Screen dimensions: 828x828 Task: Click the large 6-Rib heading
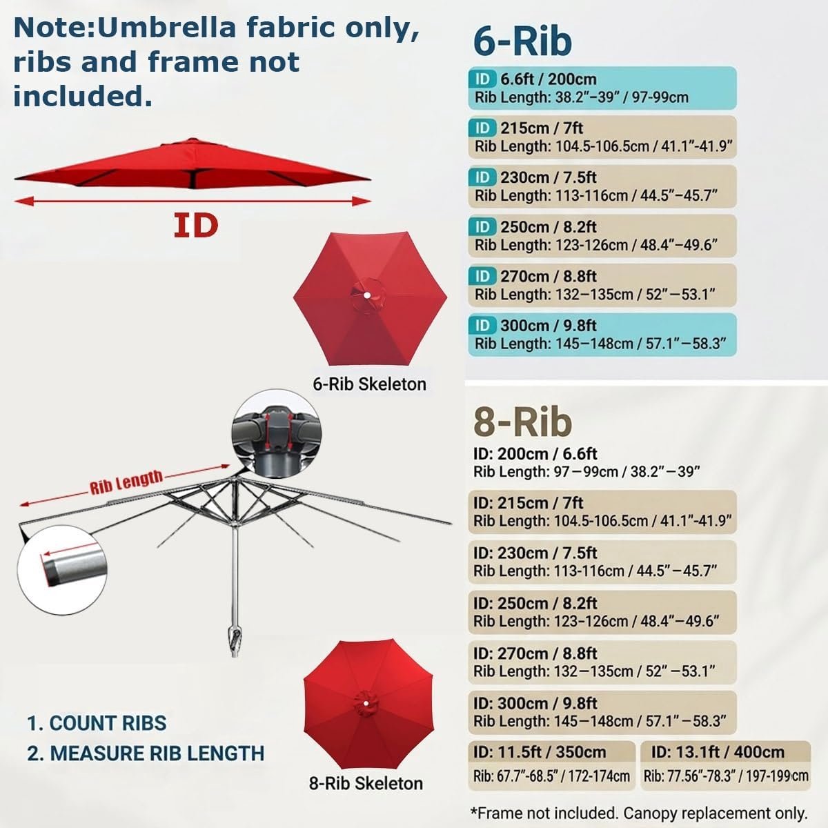point(522,41)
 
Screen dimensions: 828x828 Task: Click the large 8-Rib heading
point(522,422)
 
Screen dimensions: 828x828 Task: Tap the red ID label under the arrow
point(196,226)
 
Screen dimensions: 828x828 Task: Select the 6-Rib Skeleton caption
point(370,384)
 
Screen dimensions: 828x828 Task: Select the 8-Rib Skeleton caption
point(366,783)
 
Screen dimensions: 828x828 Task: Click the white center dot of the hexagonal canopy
point(367,295)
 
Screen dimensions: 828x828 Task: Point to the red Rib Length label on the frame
point(126,482)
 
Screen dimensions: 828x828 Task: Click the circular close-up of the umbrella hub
point(276,433)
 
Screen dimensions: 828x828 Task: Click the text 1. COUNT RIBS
point(97,723)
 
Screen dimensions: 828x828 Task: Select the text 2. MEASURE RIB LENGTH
point(146,753)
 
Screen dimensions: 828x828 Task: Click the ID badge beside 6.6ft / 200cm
point(482,79)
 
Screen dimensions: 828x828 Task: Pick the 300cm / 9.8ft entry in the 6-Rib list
point(549,326)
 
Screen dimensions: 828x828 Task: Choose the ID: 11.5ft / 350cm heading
point(540,752)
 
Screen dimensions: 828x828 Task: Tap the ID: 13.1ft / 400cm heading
point(718,752)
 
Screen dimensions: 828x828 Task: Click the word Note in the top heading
point(54,28)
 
